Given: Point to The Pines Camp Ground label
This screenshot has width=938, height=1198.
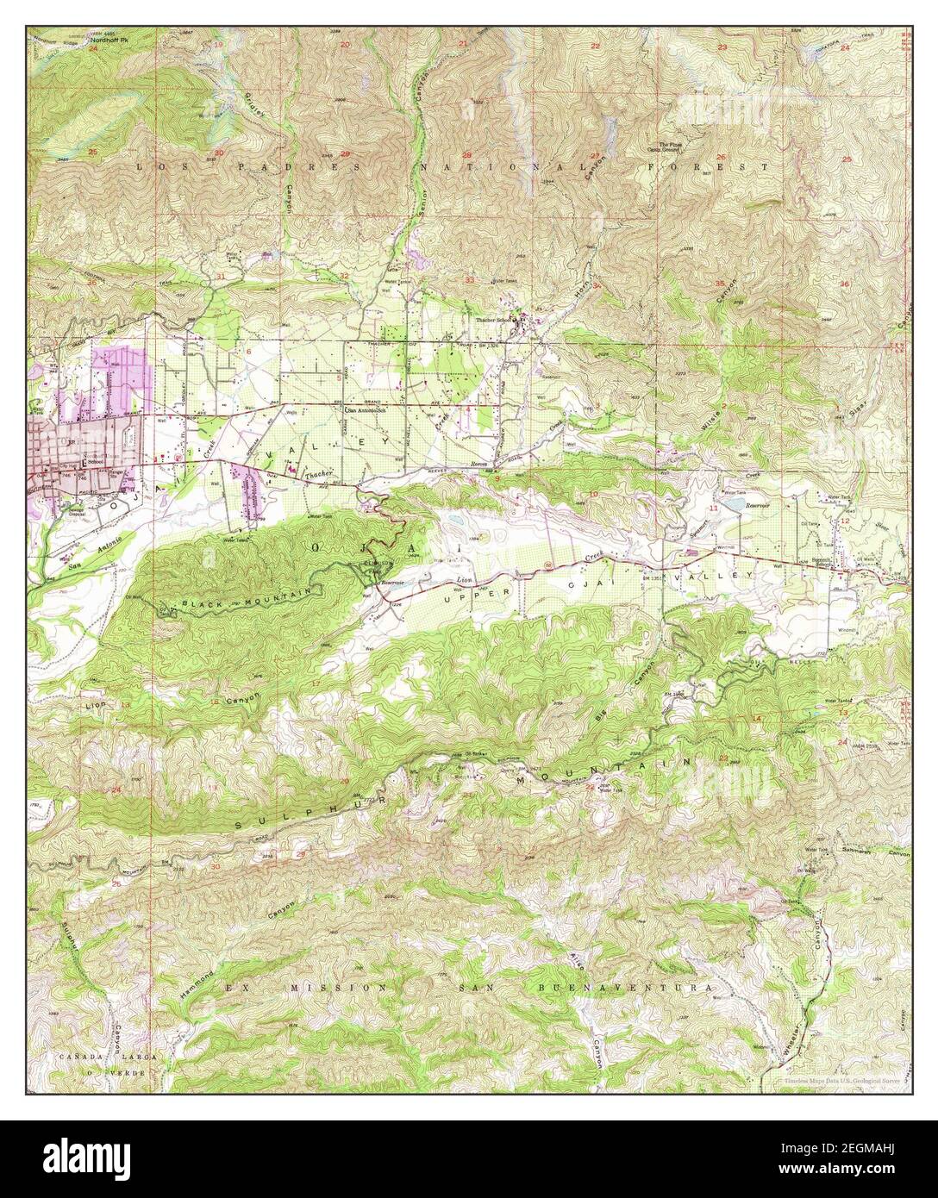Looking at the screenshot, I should click(670, 147).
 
